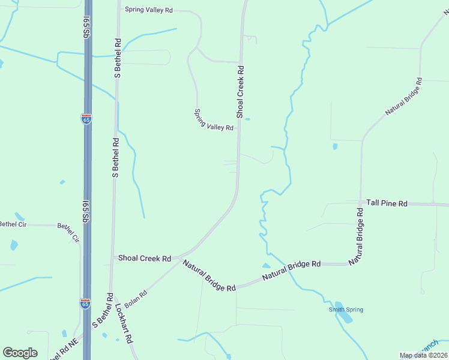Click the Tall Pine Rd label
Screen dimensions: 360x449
(387, 204)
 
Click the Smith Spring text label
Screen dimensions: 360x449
(346, 310)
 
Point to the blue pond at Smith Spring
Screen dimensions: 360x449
(343, 311)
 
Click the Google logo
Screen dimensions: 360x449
(20, 353)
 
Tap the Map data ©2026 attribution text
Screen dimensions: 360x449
(423, 355)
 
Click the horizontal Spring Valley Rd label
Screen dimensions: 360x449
(148, 10)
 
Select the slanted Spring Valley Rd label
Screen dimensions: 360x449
(214, 120)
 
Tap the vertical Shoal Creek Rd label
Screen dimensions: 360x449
(240, 91)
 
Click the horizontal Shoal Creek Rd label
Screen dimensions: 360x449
(145, 258)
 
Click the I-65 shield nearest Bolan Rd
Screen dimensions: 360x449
(86, 304)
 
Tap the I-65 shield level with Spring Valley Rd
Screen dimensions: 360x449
(86, 118)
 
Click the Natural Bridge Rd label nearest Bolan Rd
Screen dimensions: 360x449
(209, 275)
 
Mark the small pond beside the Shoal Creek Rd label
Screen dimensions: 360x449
(247, 119)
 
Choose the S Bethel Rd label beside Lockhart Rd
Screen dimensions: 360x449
(103, 310)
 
